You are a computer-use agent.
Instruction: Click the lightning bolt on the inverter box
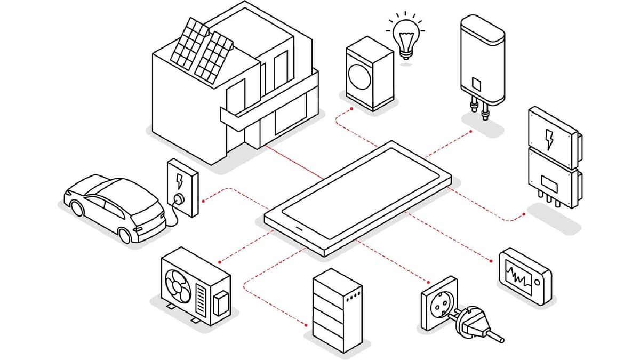[x=549, y=139]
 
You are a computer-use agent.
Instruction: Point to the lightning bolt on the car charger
[x=179, y=181]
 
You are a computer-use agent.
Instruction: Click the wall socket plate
[x=439, y=302]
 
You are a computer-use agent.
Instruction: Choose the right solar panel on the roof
[x=213, y=58]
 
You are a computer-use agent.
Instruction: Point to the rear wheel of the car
[x=125, y=235]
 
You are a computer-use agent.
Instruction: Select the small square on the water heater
[x=477, y=84]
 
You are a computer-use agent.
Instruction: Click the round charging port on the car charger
[x=179, y=199]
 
